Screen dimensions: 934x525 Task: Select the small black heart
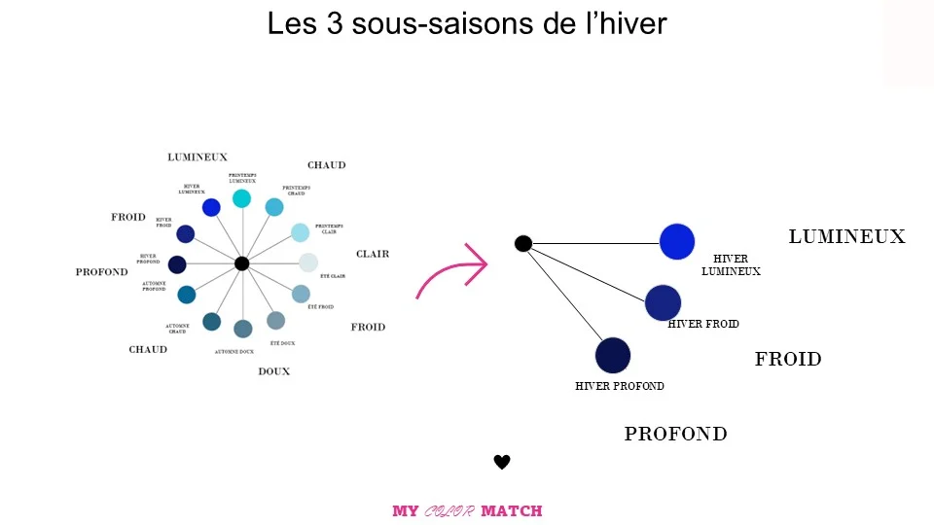pos(502,462)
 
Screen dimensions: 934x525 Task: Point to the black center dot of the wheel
pos(242,263)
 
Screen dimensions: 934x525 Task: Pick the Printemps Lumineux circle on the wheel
pos(242,198)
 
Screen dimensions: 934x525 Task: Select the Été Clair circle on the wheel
pos(308,262)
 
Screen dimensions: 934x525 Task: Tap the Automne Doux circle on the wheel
pos(243,329)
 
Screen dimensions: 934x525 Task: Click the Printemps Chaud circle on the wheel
pos(274,207)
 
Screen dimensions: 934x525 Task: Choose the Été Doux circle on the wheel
pos(276,320)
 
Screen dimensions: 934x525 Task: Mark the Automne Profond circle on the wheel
pos(187,295)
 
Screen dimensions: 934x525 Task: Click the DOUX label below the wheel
pos(273,371)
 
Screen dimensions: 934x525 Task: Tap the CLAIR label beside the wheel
pos(373,254)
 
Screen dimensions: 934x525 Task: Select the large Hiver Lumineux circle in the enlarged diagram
pos(677,242)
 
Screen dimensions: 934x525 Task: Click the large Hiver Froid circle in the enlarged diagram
pos(663,302)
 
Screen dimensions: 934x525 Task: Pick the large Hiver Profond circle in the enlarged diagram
pos(613,355)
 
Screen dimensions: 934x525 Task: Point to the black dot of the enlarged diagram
pos(522,243)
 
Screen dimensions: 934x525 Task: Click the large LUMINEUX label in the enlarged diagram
pos(846,236)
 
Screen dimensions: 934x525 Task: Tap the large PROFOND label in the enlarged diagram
pos(675,434)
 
